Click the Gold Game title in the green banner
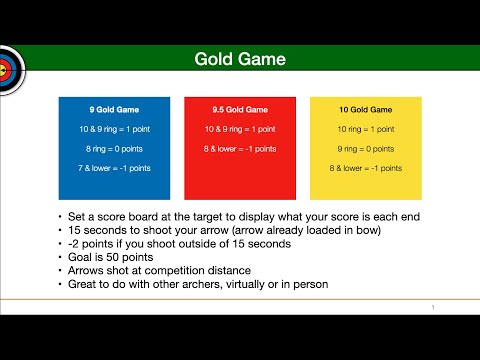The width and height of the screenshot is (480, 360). [x=240, y=60]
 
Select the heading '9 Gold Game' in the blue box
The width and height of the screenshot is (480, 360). [x=113, y=109]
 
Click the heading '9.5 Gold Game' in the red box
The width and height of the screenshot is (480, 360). [x=239, y=109]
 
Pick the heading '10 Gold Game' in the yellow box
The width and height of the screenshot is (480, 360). [x=364, y=109]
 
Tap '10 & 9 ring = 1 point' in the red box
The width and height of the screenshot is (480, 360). [x=239, y=129]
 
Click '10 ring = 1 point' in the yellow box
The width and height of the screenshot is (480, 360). [x=364, y=129]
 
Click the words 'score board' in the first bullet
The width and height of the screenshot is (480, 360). [x=114, y=216]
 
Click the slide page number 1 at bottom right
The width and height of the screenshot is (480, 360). [x=431, y=306]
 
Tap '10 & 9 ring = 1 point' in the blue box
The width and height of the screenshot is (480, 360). [x=113, y=129]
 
